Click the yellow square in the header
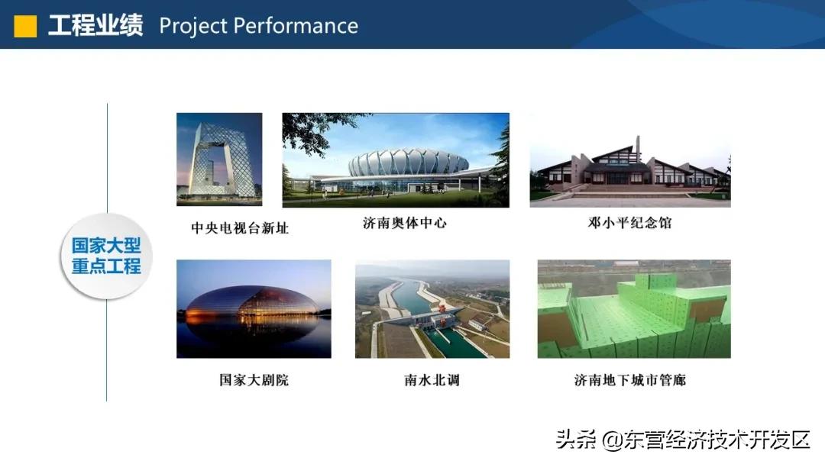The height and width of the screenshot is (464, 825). [x=25, y=26]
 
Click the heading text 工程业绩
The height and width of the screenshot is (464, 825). [x=95, y=26]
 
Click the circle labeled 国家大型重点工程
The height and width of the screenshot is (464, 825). [x=106, y=256]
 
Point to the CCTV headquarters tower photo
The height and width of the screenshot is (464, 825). [x=219, y=159]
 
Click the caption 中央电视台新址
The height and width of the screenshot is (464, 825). [x=240, y=228]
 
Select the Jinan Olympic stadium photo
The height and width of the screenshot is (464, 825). [x=396, y=160]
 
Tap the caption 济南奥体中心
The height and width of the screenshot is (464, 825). [x=405, y=223]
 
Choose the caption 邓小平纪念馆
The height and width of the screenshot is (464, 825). [x=629, y=223]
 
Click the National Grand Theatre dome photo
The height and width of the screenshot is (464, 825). [x=254, y=309]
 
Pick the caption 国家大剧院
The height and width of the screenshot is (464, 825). [x=254, y=380]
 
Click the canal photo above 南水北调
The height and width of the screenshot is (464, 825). [x=432, y=309]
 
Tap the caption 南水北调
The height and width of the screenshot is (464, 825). [x=432, y=380]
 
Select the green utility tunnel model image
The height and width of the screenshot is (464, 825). [x=634, y=309]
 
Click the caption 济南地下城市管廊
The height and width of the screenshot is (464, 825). [x=629, y=380]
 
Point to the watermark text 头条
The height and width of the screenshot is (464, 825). [x=576, y=440]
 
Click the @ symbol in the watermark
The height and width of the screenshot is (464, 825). [x=612, y=440]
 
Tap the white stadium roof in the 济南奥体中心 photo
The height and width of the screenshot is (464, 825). [x=408, y=162]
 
